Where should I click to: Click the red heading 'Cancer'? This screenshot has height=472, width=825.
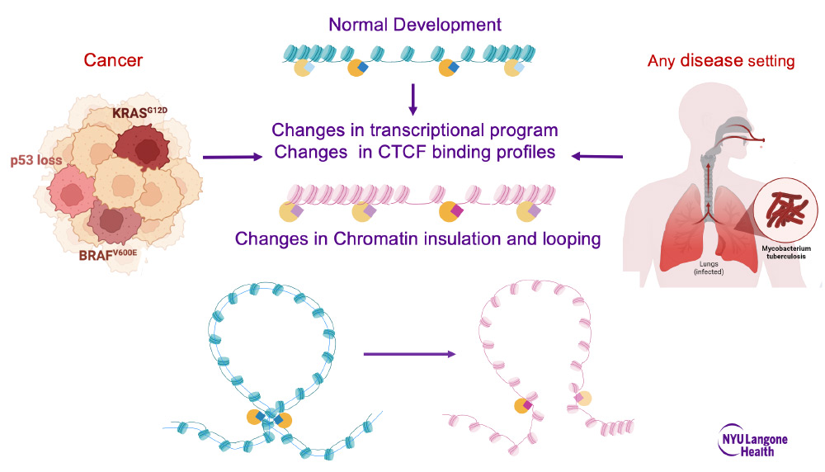pyautogui.click(x=114, y=60)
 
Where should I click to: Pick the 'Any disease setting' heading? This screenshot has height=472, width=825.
pyautogui.click(x=721, y=61)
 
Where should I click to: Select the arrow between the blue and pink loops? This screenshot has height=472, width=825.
pyautogui.click(x=409, y=354)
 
